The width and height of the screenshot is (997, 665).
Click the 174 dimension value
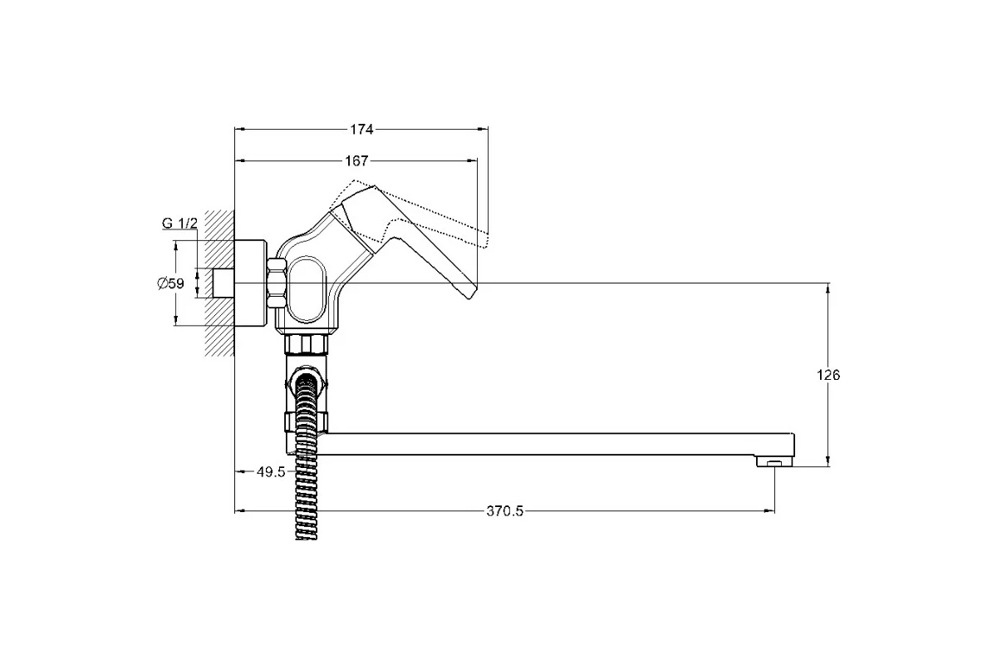coord(361,129)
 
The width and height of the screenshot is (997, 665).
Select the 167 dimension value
coord(357,160)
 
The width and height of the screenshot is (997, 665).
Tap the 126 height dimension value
coord(828,375)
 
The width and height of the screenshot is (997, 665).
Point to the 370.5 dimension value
coord(505,511)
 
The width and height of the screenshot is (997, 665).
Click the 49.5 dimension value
coord(271,472)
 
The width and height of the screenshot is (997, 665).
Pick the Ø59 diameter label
coord(170,283)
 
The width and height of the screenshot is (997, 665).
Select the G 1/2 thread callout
coord(179,223)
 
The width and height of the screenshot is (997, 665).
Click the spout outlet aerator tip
coord(774,464)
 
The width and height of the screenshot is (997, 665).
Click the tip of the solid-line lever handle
coord(469,297)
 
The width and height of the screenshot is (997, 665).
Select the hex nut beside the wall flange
coord(277,283)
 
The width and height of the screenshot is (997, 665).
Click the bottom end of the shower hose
coord(307,538)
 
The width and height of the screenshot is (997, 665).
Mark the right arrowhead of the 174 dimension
coord(483,129)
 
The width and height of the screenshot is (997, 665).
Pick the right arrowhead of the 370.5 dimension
coord(769,511)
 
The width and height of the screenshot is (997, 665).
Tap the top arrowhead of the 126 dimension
coord(828,288)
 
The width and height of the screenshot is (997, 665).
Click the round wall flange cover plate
coord(250,283)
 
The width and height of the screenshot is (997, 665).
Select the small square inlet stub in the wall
coord(223,283)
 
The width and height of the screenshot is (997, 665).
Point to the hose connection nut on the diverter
coord(307,382)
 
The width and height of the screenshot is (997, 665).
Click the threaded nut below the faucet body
coord(307,344)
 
